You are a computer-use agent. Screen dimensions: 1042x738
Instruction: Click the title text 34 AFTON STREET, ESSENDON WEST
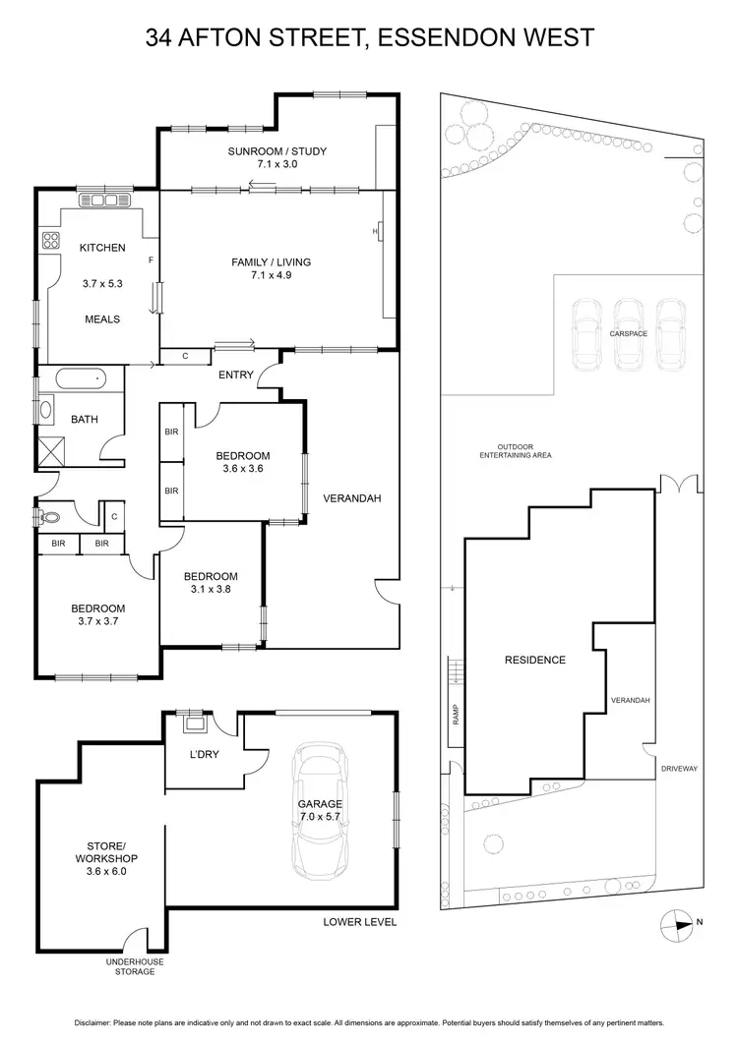coord(369,38)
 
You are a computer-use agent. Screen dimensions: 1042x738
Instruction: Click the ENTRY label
coord(236,375)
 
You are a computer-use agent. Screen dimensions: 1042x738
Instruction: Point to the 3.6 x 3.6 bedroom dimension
coord(243,469)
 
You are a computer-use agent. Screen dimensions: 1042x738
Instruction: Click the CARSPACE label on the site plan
coord(628,334)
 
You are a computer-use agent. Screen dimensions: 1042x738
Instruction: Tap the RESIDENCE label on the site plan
coord(535,660)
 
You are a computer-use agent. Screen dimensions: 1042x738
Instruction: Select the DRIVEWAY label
coord(679,769)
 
